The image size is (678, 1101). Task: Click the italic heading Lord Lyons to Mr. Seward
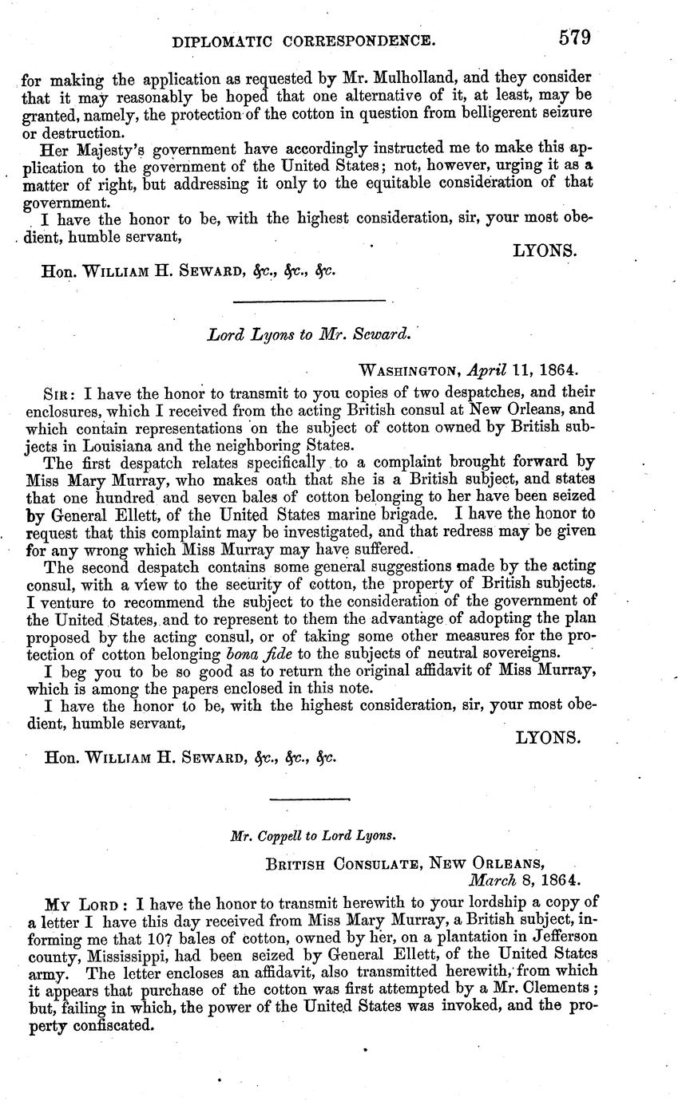tap(308, 335)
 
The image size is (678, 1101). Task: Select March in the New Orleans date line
tap(492, 880)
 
